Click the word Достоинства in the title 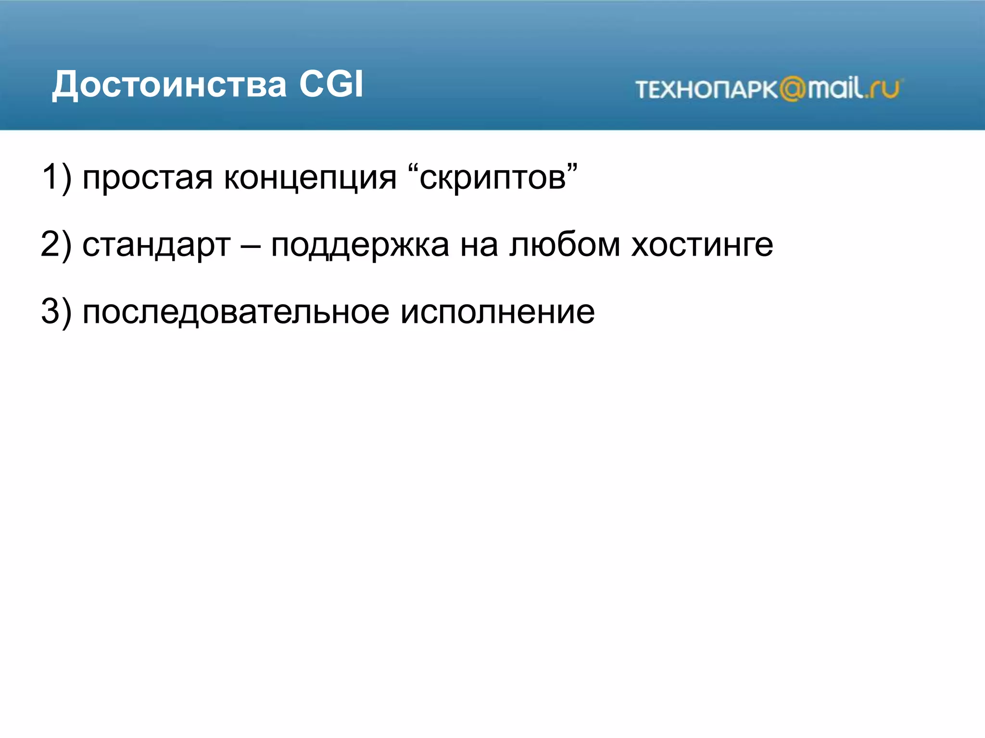pos(169,85)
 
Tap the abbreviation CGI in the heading pos(331,85)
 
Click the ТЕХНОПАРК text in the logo pos(706,90)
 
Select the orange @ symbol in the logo pos(792,89)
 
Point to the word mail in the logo pos(835,88)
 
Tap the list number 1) pos(56,177)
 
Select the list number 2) pos(56,245)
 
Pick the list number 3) pos(56,312)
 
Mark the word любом pos(565,245)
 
